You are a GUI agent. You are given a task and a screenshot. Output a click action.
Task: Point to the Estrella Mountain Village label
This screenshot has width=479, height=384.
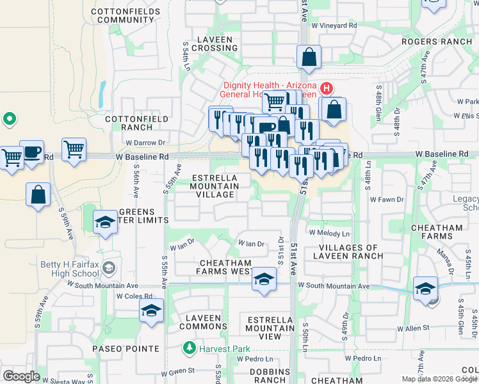coord(214,186)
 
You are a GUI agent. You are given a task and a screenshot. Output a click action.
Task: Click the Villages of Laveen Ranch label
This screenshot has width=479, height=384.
coord(348,252)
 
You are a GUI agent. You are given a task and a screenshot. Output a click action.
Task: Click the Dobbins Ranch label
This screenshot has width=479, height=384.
coord(269,376)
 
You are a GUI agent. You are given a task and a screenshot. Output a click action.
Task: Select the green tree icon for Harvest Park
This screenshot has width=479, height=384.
coord(189,348)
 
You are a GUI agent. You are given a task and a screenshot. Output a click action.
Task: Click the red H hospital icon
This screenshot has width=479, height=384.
coord(327,88)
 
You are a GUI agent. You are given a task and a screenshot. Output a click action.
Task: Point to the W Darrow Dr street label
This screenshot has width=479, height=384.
coord(145,143)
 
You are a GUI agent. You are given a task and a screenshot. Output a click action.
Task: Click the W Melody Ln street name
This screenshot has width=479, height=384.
coord(330,234)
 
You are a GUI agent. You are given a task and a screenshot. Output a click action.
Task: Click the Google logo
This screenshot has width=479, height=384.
coord(21,376)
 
